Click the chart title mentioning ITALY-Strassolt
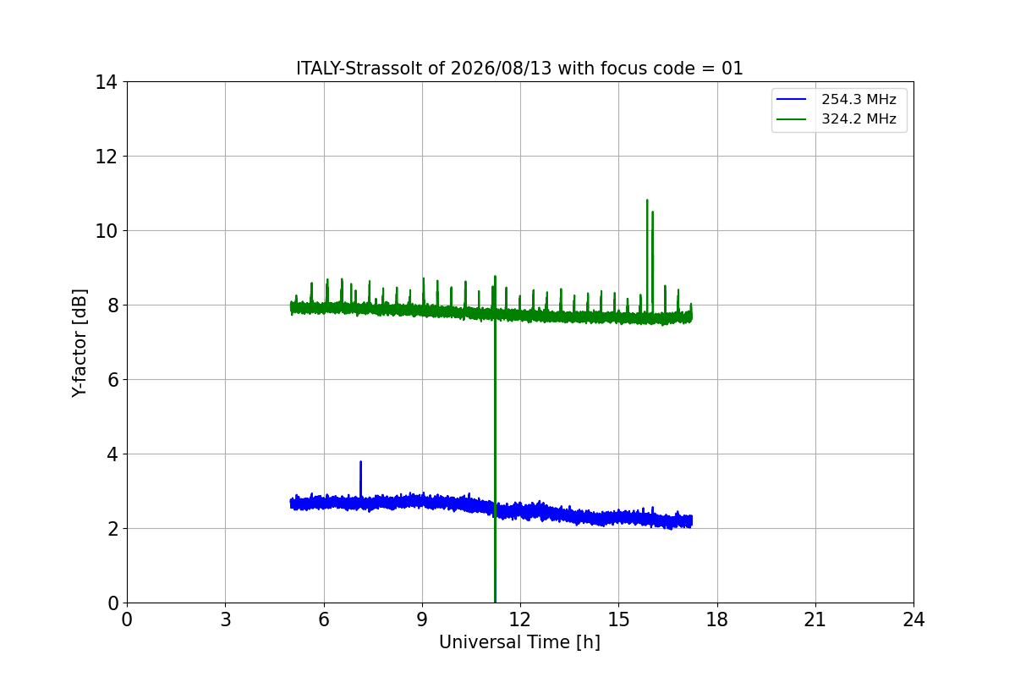519,69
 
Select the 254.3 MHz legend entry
837,99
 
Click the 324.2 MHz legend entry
837,118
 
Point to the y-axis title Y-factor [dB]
79,344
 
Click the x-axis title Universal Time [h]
519,642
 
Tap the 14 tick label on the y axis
106,82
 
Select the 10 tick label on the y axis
106,231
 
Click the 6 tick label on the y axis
112,380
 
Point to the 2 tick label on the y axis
112,529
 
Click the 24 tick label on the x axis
913,619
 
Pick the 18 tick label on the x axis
717,619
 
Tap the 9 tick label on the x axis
422,619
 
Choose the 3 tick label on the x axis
226,619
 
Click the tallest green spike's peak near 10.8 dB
647,200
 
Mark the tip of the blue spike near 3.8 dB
360,461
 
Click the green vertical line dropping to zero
495,454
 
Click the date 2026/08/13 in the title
501,69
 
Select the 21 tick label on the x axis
815,619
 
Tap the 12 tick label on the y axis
106,157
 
